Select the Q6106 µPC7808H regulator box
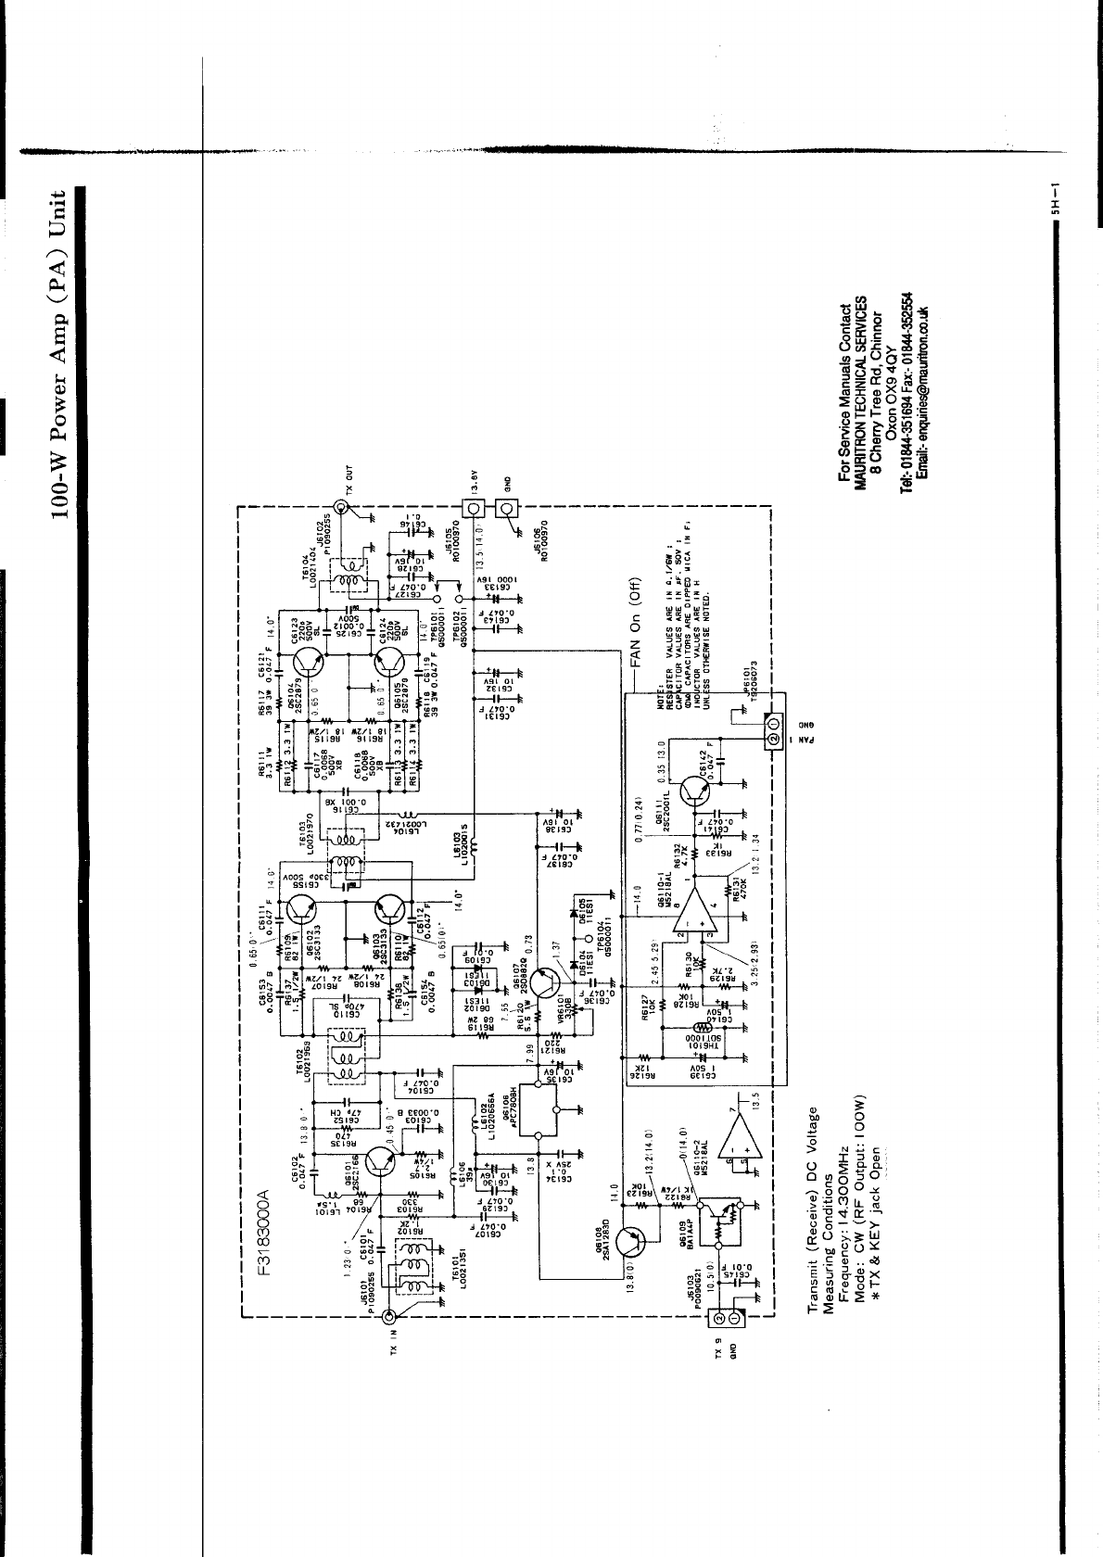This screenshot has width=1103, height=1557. [539, 1108]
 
